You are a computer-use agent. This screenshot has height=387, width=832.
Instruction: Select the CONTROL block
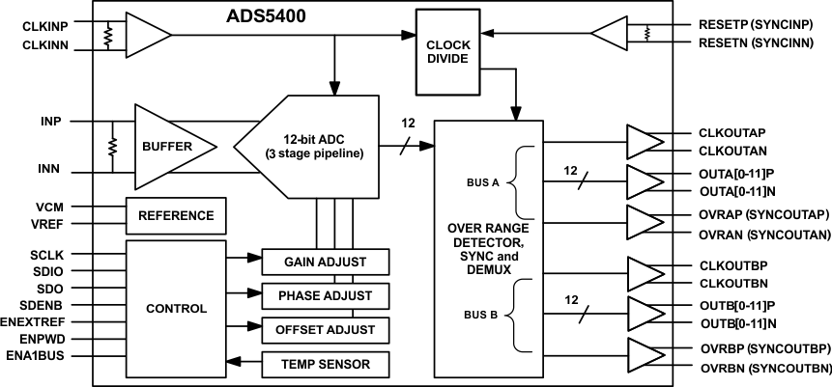(175, 309)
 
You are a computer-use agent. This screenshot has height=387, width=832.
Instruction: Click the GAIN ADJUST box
(326, 262)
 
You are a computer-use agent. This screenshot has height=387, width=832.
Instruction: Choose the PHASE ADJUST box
(326, 295)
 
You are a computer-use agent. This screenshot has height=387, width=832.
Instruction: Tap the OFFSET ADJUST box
(326, 329)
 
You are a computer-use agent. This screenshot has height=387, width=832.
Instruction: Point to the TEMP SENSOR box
(326, 364)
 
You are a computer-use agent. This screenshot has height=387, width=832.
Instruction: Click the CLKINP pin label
(43, 23)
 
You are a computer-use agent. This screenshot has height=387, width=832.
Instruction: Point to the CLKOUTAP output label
(732, 133)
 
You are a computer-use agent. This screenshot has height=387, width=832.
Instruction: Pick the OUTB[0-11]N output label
(737, 321)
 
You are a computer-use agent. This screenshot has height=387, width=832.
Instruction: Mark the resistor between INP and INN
(113, 147)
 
